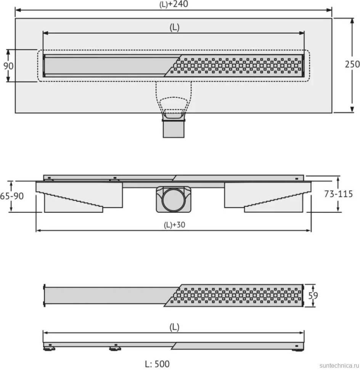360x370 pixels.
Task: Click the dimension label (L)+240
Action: [174, 4]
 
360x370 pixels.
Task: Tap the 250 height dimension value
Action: [352, 64]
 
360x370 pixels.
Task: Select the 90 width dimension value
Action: [8, 66]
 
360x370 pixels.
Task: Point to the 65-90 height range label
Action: [12, 196]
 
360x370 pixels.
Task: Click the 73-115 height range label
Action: [338, 194]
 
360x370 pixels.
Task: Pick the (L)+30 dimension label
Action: [174, 225]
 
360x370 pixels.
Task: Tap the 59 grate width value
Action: [313, 296]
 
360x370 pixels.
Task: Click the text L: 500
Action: [157, 364]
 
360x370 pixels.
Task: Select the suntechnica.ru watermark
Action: [339, 365]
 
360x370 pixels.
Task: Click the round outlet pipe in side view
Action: [174, 199]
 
